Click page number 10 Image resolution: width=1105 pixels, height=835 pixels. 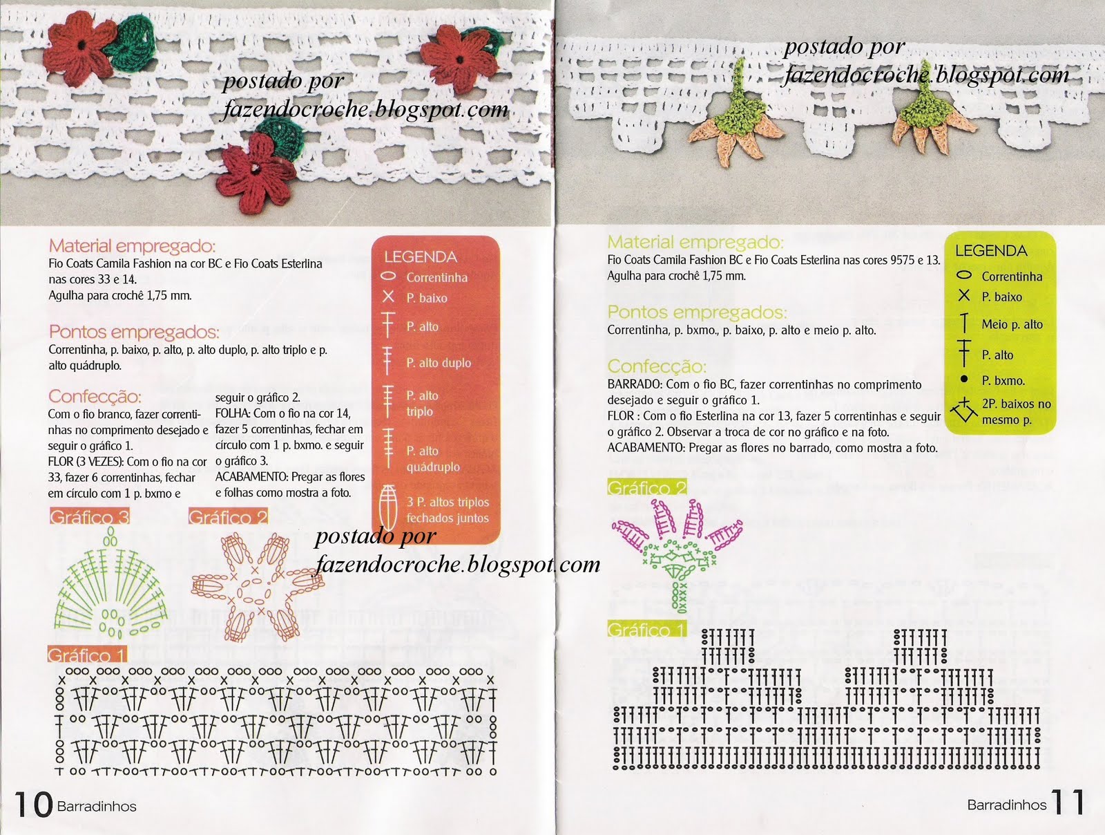click(x=33, y=805)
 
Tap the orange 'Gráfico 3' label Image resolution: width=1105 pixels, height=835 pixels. click(x=90, y=517)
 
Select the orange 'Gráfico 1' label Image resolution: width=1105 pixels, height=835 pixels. click(x=87, y=655)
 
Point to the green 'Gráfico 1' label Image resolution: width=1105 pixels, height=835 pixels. click(x=647, y=629)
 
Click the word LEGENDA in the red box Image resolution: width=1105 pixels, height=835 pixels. click(x=421, y=257)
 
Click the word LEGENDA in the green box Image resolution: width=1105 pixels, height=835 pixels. click(x=991, y=250)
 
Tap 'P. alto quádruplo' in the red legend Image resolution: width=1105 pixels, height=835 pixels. click(x=433, y=459)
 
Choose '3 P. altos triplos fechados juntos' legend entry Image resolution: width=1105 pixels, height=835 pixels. click(x=448, y=509)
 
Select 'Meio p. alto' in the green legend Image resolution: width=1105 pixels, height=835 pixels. click(x=1012, y=324)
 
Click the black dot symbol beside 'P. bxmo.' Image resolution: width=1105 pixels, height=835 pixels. click(x=964, y=379)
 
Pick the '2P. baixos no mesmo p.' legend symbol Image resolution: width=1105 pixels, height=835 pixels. click(x=963, y=410)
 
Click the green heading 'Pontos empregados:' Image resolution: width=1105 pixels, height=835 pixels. click(x=697, y=312)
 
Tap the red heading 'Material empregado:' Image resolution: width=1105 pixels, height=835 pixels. click(x=132, y=246)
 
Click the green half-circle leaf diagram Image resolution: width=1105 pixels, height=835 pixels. click(x=110, y=584)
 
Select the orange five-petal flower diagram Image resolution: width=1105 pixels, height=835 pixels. click(x=257, y=588)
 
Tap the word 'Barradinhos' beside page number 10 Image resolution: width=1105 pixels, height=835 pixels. click(x=97, y=806)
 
